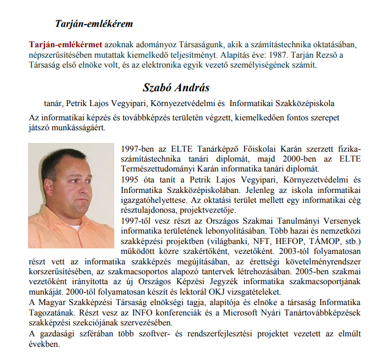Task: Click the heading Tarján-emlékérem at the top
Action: [x=94, y=24]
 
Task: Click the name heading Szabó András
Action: [x=176, y=88]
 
